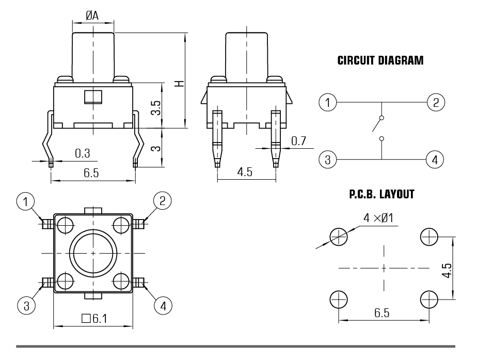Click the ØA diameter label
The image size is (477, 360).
92,16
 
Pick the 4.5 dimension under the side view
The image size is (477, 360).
245,172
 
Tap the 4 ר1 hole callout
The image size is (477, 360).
378,218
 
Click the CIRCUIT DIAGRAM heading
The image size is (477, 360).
380,60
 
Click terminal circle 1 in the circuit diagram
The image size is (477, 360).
327,102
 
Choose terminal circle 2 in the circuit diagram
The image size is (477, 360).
435,102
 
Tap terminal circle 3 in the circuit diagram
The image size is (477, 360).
327,159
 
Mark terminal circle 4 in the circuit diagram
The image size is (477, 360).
435,159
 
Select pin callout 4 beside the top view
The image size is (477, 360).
163,306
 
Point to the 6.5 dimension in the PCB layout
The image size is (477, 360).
382,313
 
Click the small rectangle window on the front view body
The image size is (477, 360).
93,96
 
